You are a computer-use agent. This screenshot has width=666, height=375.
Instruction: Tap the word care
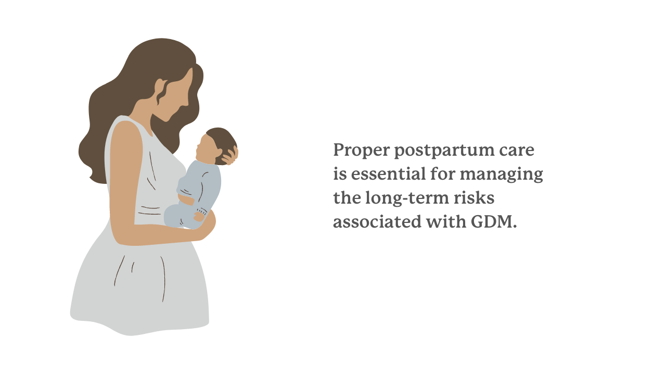click(517, 151)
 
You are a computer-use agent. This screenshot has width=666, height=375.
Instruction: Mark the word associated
click(375, 222)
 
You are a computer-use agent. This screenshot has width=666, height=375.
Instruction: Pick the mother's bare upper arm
click(125, 172)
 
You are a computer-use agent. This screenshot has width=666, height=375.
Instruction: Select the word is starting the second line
click(339, 174)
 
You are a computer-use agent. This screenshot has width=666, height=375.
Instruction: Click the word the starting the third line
click(345, 198)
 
